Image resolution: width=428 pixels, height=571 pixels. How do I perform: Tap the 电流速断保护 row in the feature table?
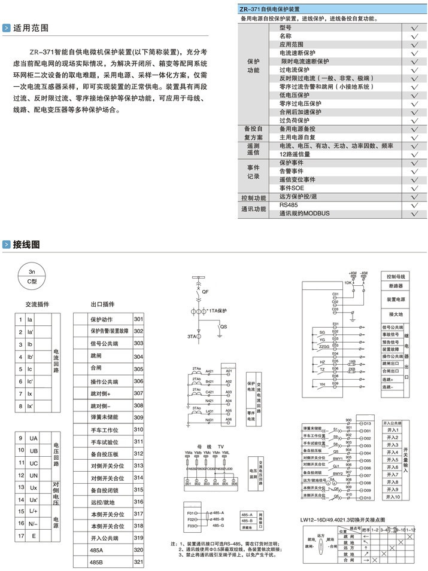(x=303, y=53)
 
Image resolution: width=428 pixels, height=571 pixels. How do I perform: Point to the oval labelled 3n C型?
(x=32, y=276)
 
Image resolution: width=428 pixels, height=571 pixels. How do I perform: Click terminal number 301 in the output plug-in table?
(x=138, y=319)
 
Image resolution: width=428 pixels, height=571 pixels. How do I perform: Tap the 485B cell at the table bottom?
(x=96, y=562)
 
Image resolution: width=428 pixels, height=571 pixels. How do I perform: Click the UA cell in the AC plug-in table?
(x=34, y=438)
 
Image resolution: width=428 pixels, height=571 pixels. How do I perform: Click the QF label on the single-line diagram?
(x=205, y=291)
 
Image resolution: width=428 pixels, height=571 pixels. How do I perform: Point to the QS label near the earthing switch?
(x=223, y=327)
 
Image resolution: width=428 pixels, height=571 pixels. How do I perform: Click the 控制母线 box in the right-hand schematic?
(x=396, y=277)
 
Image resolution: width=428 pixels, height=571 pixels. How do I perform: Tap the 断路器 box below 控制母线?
(x=396, y=286)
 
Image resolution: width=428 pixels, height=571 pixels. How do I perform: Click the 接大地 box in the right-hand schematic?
(x=396, y=314)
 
